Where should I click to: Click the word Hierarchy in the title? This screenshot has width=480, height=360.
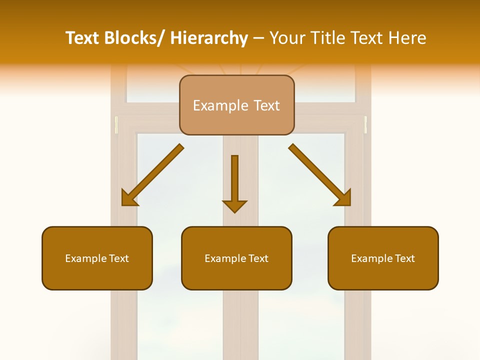pyautogui.click(x=209, y=38)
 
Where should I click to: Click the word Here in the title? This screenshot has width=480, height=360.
pyautogui.click(x=407, y=38)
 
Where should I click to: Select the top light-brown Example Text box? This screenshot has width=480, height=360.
pyautogui.click(x=236, y=105)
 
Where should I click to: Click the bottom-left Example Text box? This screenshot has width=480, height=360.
pyautogui.click(x=97, y=258)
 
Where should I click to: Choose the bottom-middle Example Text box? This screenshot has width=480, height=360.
pyautogui.click(x=236, y=258)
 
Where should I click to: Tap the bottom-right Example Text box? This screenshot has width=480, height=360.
pyautogui.click(x=383, y=258)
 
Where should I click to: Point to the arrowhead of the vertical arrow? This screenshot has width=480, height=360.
pyautogui.click(x=234, y=205)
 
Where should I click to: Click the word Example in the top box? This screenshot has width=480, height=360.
pyautogui.click(x=220, y=105)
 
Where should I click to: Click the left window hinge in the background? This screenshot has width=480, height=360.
pyautogui.click(x=116, y=125)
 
